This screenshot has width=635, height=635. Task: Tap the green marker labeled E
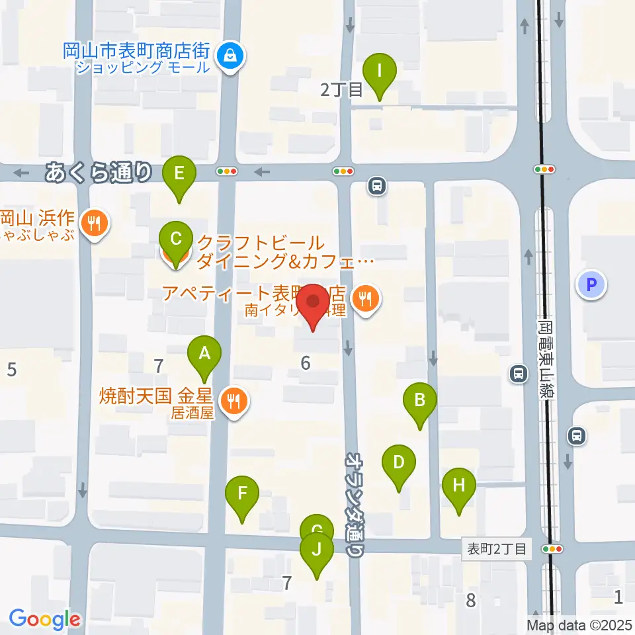pyautogui.click(x=179, y=175)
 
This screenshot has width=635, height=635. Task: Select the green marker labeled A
pyautogui.click(x=205, y=355)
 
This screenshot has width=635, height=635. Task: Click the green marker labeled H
pyautogui.click(x=458, y=487)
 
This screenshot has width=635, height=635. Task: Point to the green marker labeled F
pyautogui.click(x=242, y=493)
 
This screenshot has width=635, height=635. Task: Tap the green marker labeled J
pyautogui.click(x=317, y=550)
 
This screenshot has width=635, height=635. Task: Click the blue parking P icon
pyautogui.click(x=591, y=285)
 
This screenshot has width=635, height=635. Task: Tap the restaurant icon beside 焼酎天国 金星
pyautogui.click(x=233, y=400)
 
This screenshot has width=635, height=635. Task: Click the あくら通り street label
pyautogui.click(x=99, y=173)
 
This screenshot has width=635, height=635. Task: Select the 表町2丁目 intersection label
pyautogui.click(x=496, y=548)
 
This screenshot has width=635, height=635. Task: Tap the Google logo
pyautogui.click(x=44, y=619)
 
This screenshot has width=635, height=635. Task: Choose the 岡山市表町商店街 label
pyautogui.click(x=138, y=50)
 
